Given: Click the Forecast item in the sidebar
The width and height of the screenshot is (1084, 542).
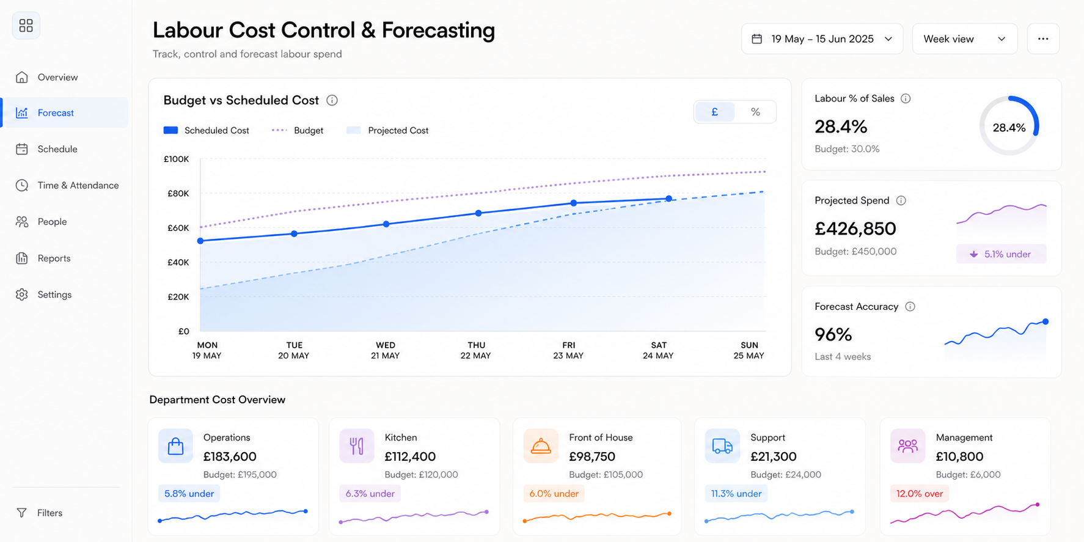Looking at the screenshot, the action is click(x=65, y=112).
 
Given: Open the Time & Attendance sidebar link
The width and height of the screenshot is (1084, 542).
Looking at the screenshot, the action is click(x=67, y=185).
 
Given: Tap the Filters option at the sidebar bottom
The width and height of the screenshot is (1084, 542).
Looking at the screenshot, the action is click(x=39, y=513).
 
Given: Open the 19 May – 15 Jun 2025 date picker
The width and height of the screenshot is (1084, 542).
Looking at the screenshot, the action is click(x=822, y=39).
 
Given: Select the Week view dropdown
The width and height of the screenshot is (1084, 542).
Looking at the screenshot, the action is click(x=964, y=39).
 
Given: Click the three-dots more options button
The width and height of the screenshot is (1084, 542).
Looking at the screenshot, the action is click(x=1043, y=39).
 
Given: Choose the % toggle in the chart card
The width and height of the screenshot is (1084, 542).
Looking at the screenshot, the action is click(x=755, y=112).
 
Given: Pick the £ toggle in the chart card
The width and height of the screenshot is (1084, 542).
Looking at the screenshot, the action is click(x=715, y=112).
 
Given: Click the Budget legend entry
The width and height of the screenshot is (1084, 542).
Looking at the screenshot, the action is click(x=298, y=130).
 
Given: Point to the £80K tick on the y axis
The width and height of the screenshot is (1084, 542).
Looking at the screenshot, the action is click(x=178, y=194).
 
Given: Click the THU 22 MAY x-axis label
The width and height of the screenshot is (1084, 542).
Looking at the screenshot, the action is click(x=476, y=350).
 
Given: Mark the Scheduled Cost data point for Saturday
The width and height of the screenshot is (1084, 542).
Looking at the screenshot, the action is click(x=669, y=199).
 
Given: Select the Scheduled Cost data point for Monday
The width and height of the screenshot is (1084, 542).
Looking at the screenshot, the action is click(x=200, y=241).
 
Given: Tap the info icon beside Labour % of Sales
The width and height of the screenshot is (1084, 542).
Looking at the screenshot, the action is click(x=906, y=98).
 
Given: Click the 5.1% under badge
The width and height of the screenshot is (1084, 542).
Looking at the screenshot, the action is click(x=1001, y=254).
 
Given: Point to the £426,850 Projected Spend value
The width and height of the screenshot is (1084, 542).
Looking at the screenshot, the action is click(x=855, y=229).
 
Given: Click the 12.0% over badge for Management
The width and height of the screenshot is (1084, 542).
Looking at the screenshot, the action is click(x=920, y=494).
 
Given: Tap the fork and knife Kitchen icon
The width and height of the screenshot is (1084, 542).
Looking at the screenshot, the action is click(x=357, y=446).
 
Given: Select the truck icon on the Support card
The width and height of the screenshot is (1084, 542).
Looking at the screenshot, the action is click(x=722, y=446).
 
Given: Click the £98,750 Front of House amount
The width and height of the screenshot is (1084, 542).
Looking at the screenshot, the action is click(x=592, y=456).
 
